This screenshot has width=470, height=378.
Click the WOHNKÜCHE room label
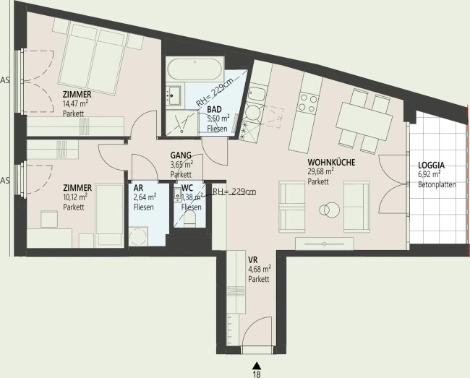[331, 163]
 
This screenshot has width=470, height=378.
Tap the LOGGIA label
[432, 165]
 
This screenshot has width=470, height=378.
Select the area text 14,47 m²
[75, 104]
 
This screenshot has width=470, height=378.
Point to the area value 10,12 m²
[75, 197]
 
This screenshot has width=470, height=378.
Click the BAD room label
[214, 109]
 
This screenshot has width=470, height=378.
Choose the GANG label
[181, 155]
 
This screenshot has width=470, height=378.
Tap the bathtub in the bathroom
[195, 69]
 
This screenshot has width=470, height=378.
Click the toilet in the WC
[189, 219]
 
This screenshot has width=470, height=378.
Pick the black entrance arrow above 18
[256, 366]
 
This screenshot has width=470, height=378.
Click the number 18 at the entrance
[257, 374]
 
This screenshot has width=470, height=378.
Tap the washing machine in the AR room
[139, 236]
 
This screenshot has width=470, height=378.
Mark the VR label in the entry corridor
[252, 259]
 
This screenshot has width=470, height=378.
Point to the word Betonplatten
[437, 184]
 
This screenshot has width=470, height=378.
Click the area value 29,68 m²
[321, 171]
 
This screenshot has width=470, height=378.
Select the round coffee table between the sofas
[330, 210]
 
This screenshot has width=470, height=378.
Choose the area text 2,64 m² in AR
[145, 197]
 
